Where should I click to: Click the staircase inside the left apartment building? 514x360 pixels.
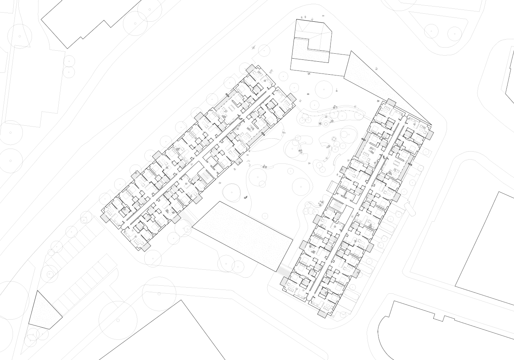click(x=204, y=178)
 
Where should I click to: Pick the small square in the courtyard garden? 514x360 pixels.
click(x=334, y=139)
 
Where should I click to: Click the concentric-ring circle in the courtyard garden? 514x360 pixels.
click(x=325, y=123)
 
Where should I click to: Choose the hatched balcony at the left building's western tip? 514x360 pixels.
click(x=104, y=216)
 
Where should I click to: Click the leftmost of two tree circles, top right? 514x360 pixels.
click(x=431, y=29)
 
